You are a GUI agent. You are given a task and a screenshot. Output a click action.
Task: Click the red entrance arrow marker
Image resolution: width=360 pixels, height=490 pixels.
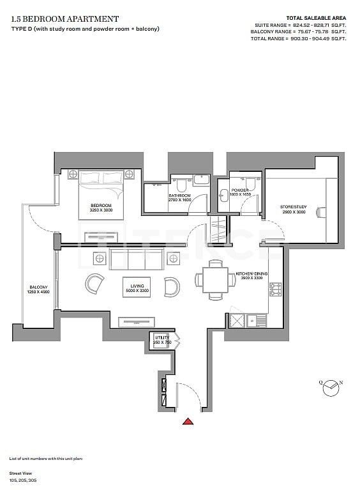(x=188, y=421)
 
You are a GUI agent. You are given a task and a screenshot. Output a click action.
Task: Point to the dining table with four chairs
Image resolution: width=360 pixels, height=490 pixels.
(x=211, y=278)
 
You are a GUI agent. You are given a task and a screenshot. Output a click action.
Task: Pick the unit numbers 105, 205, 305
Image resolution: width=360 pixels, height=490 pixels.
(x=23, y=478)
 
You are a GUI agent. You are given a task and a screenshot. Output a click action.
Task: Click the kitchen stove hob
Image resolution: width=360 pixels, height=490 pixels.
(x=276, y=289)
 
